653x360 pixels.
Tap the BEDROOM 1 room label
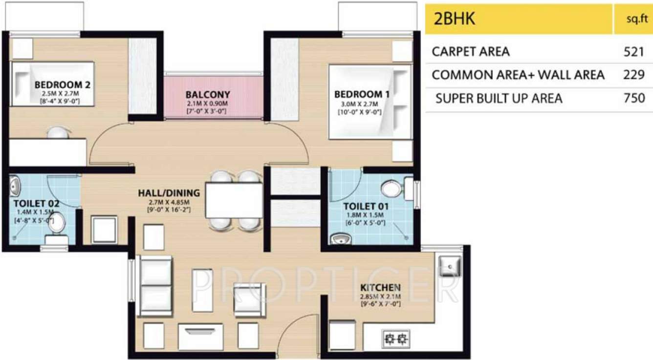click(362, 94)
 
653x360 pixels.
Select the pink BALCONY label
click(208, 94)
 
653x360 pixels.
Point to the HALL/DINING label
click(169, 192)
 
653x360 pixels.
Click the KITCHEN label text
click(380, 288)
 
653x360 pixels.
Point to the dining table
click(234, 200)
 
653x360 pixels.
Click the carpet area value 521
click(634, 51)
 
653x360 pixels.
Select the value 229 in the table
click(634, 75)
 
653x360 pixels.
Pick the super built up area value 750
click(634, 98)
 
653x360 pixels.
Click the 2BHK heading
click(455, 19)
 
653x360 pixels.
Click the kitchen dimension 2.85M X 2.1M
click(380, 296)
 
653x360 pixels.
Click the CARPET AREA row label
click(471, 51)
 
